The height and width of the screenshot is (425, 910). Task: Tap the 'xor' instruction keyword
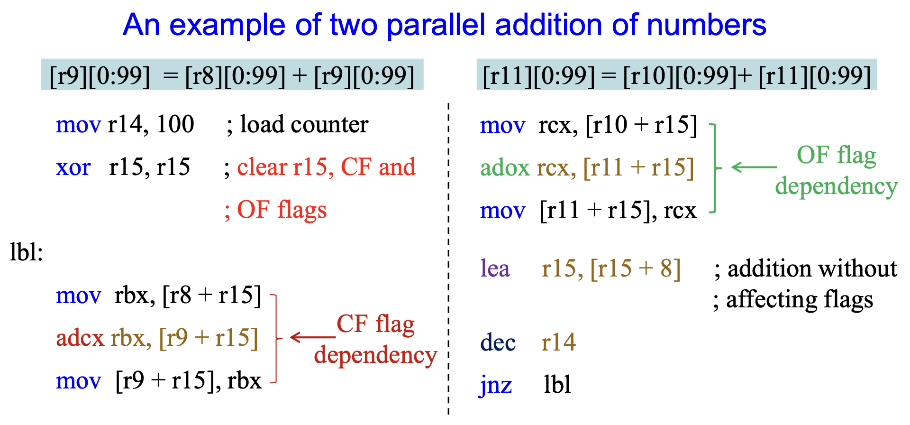(73, 167)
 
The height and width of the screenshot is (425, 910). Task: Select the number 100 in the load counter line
(175, 124)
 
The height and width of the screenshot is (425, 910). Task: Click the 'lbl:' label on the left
(26, 252)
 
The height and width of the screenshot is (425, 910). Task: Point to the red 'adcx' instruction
(80, 338)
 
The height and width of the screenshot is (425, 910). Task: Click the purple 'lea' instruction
(495, 268)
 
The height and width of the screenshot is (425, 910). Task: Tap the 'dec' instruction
(498, 342)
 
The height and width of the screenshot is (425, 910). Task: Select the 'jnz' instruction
(496, 386)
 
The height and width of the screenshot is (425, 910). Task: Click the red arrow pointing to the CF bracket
(313, 337)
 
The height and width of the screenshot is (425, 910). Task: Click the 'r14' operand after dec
(558, 342)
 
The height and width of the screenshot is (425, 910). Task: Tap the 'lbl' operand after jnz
(557, 385)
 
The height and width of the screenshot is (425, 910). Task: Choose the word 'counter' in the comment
(330, 125)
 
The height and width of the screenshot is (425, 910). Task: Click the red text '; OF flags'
(275, 210)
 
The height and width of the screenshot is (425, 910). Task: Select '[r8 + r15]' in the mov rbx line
(212, 296)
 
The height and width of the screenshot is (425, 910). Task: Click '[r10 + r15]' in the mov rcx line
(641, 125)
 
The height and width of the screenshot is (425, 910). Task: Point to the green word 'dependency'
(837, 186)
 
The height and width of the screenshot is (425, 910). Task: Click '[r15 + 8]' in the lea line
(636, 269)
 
